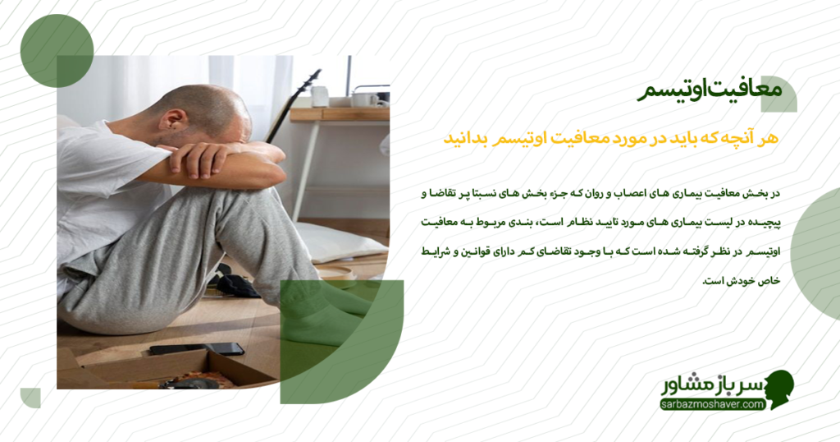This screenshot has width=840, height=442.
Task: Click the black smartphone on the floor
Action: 197,348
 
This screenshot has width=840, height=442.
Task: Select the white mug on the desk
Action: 319,97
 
